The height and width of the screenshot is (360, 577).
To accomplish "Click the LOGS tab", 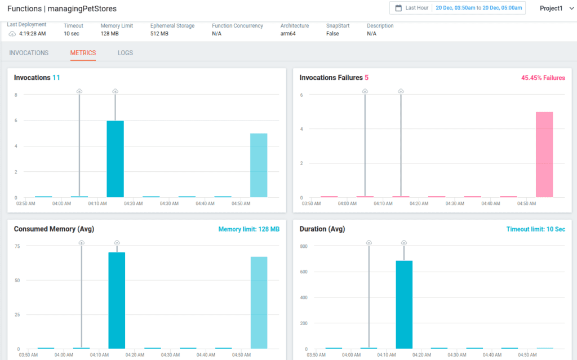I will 125,53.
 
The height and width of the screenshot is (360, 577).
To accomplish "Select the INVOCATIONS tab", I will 29,53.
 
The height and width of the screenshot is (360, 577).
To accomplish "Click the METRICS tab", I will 83,53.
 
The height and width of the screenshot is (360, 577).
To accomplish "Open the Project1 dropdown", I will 554,8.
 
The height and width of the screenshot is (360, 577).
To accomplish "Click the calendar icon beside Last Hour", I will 398,8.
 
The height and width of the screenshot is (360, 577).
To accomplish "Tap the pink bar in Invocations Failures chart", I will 544,154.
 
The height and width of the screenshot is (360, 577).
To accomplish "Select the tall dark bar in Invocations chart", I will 115,159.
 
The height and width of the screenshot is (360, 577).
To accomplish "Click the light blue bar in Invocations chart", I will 259,165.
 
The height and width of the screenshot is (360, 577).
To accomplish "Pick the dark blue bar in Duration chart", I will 404,304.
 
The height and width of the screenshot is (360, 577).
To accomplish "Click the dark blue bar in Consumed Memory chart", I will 117,300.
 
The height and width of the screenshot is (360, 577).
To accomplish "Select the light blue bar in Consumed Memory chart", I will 259,303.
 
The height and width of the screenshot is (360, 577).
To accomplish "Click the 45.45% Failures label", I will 543,78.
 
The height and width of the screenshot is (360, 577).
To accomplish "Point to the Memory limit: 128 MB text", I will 248,229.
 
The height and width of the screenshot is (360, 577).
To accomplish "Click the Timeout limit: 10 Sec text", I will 536,229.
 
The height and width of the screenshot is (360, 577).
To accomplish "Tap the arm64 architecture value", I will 288,34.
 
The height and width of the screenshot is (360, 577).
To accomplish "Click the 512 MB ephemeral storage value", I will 159,34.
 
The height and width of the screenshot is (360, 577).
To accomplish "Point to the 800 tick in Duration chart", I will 303,246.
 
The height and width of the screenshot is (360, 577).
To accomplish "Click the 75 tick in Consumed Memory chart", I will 17,246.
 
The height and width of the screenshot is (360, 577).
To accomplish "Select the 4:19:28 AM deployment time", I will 32,34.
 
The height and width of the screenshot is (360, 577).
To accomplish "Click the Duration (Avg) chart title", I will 322,229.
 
